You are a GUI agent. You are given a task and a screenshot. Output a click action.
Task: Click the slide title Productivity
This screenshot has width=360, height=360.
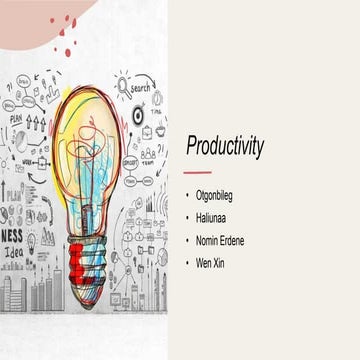point(225,146)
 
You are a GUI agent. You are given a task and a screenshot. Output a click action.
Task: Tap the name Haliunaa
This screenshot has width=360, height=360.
point(217,216)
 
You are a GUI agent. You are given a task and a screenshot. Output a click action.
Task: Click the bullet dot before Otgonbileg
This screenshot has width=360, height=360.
point(188,194)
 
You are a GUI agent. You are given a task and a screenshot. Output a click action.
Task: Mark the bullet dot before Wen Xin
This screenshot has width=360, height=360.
point(188,262)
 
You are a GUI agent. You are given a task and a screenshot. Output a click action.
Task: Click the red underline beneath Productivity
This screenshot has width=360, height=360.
point(196,171)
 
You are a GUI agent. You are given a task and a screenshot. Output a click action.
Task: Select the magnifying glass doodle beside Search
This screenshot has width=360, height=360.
point(122,88)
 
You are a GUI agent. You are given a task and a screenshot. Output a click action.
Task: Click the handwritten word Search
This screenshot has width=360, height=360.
point(140,87)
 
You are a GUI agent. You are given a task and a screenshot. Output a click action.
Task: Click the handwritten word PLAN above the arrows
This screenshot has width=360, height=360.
point(16,118)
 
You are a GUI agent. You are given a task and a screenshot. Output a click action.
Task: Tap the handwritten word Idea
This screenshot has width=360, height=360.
point(16,252)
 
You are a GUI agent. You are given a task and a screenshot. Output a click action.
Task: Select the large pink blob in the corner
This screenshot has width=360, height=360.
point(40,12)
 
